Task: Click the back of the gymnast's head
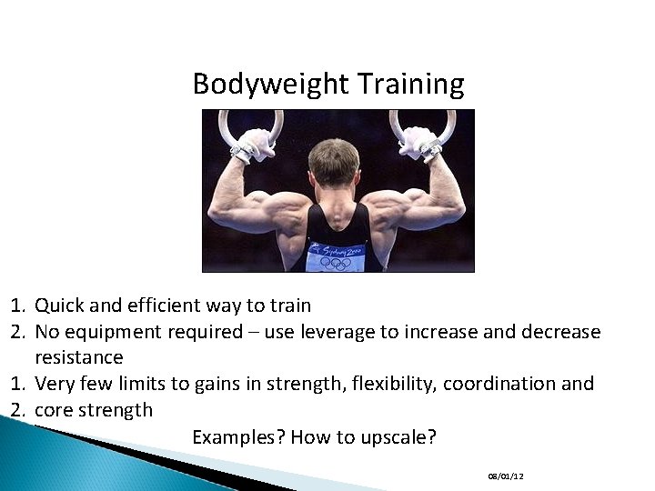(334, 164)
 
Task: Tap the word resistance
(79, 357)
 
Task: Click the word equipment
(111, 332)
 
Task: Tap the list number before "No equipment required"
(18, 332)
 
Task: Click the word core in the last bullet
(54, 410)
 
